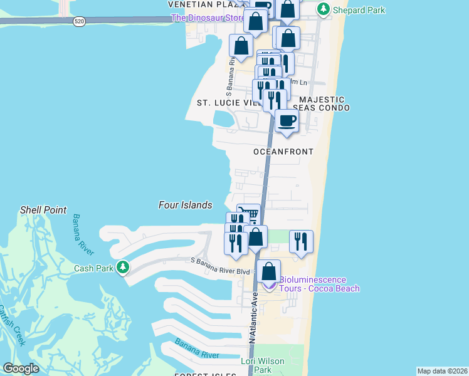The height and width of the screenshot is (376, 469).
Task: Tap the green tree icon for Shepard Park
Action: pyautogui.click(x=323, y=9)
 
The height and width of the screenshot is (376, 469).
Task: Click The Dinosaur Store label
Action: pyautogui.click(x=208, y=18)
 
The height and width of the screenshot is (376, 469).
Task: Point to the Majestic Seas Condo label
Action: pyautogui.click(x=322, y=103)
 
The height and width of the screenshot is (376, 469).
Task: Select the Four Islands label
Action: pyautogui.click(x=185, y=205)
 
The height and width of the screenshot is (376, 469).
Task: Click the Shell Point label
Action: pyautogui.click(x=43, y=210)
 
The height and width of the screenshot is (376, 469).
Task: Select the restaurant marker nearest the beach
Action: pyautogui.click(x=301, y=241)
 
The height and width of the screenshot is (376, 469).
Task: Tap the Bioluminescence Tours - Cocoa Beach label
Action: pyautogui.click(x=319, y=284)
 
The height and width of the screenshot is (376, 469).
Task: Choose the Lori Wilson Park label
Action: pyautogui.click(x=263, y=365)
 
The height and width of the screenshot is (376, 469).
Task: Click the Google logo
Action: pyautogui.click(x=21, y=368)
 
